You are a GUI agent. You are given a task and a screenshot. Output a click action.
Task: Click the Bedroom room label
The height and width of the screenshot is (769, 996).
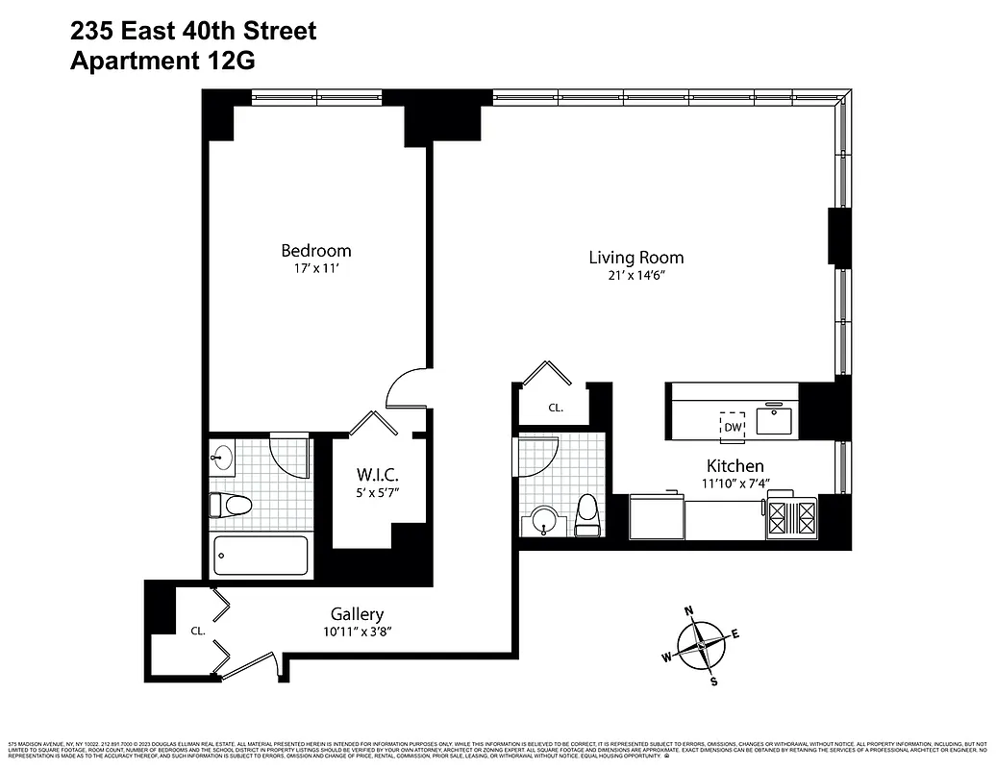coord(315,251)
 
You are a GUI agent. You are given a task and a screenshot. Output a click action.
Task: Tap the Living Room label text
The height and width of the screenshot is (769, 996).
coord(635,257)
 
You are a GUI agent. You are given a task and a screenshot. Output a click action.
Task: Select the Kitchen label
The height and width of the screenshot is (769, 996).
coord(735,465)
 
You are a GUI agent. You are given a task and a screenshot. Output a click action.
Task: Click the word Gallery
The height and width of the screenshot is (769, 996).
coord(357,614)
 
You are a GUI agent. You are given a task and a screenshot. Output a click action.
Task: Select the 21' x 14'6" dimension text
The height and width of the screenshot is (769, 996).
coord(635,276)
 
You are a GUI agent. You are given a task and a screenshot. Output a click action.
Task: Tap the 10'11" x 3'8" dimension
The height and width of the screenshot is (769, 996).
coord(357,632)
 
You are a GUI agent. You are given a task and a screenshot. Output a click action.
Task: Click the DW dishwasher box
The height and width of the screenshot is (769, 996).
coord(733,426)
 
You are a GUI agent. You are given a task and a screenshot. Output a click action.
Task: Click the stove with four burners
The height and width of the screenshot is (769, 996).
coord(791,518)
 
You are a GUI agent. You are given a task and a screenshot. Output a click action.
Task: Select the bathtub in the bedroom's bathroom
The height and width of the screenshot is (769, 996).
coord(261,555)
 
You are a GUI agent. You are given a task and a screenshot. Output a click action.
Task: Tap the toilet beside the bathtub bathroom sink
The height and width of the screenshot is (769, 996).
coord(231,504)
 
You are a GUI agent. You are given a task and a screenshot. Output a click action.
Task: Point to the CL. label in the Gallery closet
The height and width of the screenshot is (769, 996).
coord(198,632)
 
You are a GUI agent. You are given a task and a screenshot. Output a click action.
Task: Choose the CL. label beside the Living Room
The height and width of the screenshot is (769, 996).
coord(556,408)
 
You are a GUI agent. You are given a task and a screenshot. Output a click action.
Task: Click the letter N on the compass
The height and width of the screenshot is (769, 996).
coord(688,610)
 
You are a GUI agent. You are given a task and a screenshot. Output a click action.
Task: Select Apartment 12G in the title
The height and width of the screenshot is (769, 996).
coord(163,61)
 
